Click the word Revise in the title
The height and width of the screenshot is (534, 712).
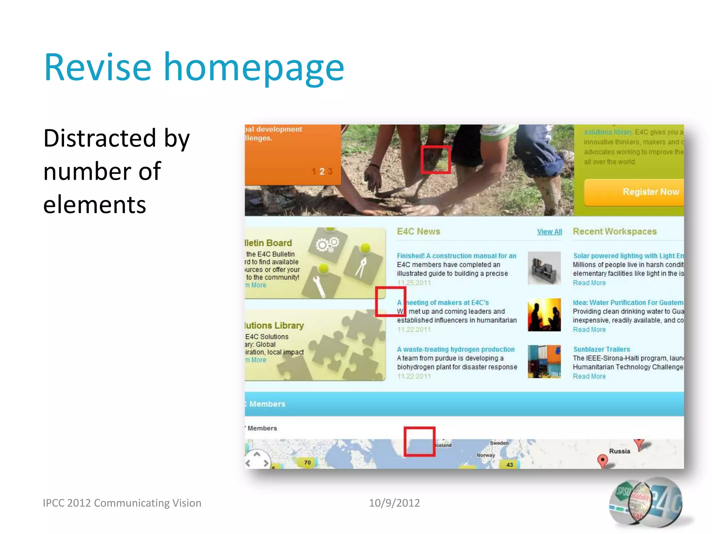[x=98, y=67]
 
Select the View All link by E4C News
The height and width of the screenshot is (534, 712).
[x=549, y=232]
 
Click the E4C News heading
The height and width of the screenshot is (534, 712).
[x=418, y=232]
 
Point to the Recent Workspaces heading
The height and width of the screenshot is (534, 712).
[x=614, y=232]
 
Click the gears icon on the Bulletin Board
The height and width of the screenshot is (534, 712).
[x=327, y=244]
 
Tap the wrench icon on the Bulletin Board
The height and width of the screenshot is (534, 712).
[x=319, y=286]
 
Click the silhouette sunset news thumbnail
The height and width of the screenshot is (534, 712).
[x=544, y=315]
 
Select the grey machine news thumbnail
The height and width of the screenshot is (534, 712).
[x=544, y=268]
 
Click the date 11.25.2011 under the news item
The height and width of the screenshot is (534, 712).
[x=414, y=283]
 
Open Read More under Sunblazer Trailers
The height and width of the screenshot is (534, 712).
[x=589, y=377]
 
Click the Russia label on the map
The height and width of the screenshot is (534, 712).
[x=619, y=451]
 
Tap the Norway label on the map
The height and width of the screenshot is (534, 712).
[x=485, y=455]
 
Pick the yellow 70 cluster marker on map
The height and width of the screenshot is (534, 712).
[x=307, y=463]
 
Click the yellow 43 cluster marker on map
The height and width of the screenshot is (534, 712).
[x=509, y=465]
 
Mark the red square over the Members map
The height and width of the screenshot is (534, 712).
[x=419, y=442]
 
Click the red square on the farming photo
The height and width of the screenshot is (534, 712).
[x=435, y=160]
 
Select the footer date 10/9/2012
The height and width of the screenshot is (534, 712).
[x=394, y=503]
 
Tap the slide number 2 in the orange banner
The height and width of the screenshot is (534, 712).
[x=322, y=171]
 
